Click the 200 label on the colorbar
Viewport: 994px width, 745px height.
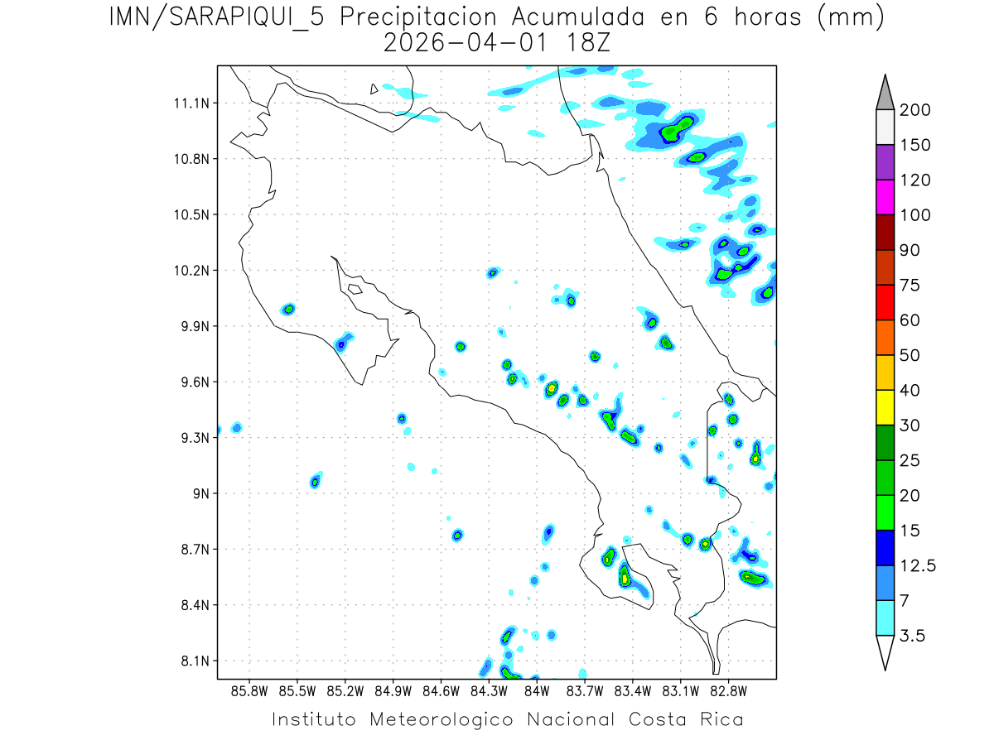click(914, 110)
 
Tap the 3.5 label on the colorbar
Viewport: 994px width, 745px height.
click(914, 636)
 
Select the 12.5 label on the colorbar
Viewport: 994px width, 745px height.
click(917, 565)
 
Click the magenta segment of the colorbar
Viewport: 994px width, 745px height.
click(885, 198)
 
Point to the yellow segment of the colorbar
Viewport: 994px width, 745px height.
click(885, 407)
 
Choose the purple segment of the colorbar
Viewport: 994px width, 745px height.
click(885, 162)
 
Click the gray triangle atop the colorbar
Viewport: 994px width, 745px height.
click(885, 93)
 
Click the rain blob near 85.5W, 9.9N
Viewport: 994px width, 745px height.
click(288, 310)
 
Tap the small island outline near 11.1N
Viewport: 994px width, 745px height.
click(374, 89)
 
